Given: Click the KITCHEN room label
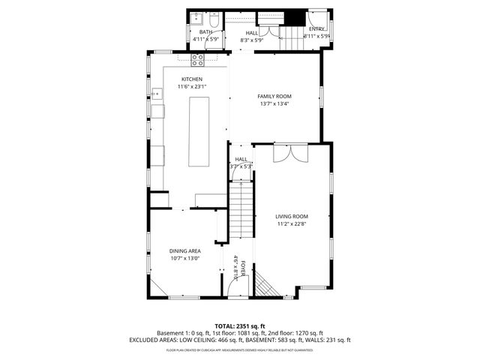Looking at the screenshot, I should (x=191, y=79).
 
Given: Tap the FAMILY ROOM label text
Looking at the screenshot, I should (x=274, y=96).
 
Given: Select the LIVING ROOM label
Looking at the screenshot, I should (x=292, y=216).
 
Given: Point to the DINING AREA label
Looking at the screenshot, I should (x=184, y=251).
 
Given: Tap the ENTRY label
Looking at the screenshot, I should (x=316, y=28).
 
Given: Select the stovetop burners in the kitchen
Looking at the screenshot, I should (x=199, y=58).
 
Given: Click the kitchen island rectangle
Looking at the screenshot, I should (x=199, y=132).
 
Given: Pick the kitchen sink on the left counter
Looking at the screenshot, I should (x=157, y=94).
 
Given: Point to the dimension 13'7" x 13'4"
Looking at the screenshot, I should (x=274, y=103).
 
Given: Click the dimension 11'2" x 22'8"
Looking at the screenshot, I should (x=292, y=223).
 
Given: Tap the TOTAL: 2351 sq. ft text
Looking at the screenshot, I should (x=240, y=325).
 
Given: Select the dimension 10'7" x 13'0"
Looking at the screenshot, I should (x=184, y=259).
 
